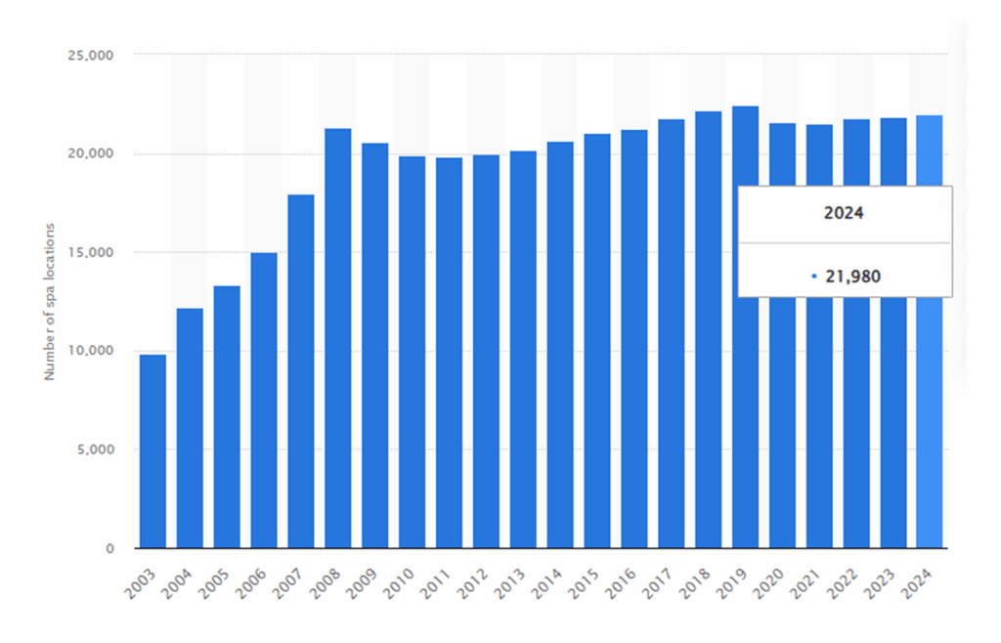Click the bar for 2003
tap(152, 451)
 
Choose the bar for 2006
tap(264, 401)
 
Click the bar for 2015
tap(597, 341)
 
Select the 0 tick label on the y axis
tap(112, 548)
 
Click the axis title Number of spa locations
tap(49, 301)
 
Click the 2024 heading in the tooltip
tap(844, 212)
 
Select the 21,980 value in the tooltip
tap(851, 277)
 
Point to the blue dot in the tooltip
tap(813, 277)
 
